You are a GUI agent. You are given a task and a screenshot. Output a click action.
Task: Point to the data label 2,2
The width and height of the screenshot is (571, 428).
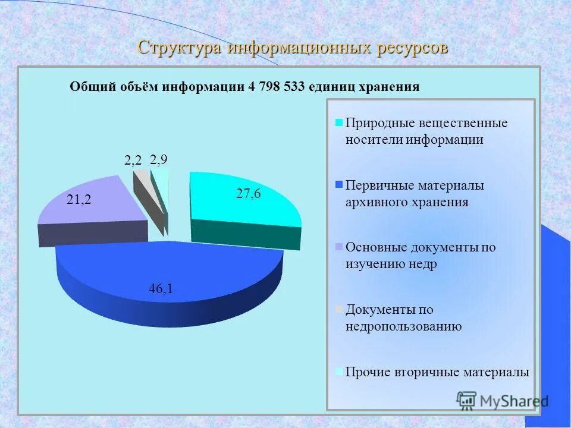coord(133,160)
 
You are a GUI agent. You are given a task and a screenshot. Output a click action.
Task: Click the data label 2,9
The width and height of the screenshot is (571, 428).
coord(158,159)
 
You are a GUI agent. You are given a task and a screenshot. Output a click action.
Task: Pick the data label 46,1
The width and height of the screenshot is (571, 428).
coord(161,289)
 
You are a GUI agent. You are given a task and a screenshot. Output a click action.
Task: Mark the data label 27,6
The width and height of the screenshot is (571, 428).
coord(249,194)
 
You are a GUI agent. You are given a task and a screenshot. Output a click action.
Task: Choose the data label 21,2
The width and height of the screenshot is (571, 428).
coord(79,200)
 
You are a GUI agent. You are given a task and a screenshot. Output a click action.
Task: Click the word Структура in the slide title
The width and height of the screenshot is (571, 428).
coord(179,48)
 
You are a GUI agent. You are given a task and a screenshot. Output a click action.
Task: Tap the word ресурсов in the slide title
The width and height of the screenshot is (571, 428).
coord(411,48)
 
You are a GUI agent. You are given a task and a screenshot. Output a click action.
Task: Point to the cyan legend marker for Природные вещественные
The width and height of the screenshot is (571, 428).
coord(339,123)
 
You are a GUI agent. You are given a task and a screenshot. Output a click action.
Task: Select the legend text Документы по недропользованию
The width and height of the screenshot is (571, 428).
coord(404,318)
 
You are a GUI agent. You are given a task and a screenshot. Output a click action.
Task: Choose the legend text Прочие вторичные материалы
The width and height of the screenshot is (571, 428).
coord(437,373)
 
